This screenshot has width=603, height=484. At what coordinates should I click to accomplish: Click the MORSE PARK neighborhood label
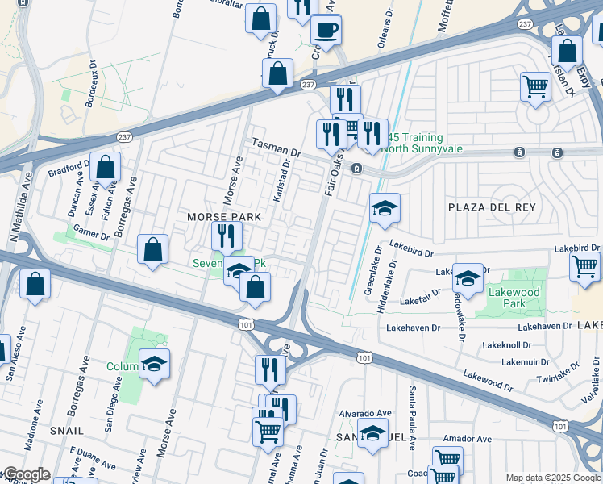(x=224, y=218)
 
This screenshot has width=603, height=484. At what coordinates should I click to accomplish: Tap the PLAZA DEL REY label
(x=492, y=207)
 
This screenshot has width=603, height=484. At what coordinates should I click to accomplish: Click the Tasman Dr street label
(x=276, y=146)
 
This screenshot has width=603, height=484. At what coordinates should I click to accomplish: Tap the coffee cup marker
(x=326, y=31)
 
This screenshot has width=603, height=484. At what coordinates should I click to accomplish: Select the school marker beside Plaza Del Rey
(x=385, y=209)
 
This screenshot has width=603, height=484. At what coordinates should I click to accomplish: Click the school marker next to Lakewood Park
(x=467, y=278)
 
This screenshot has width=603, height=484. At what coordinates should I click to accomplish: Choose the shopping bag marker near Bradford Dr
(x=105, y=168)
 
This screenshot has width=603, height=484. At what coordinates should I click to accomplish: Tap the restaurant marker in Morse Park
(x=227, y=236)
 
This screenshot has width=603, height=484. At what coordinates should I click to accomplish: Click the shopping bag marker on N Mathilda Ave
(x=35, y=284)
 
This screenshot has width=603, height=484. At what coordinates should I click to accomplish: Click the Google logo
(x=26, y=474)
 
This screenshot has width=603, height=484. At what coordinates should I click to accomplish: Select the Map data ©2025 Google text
(x=553, y=478)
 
